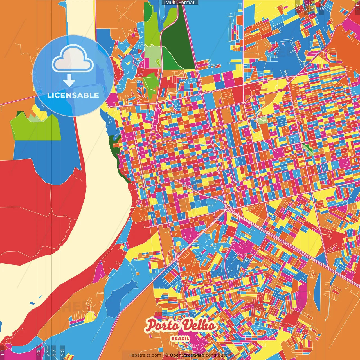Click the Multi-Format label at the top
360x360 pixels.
(x=180, y=3)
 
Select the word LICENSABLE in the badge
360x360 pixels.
(x=73, y=95)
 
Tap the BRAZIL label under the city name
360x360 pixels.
(x=180, y=338)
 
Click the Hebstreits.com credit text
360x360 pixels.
(x=145, y=355)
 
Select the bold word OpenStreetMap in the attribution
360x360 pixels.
(x=187, y=355)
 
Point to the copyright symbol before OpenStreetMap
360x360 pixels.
(x=166, y=355)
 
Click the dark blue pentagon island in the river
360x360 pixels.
(x=32, y=303)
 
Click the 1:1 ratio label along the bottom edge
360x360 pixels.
(x=2, y=352)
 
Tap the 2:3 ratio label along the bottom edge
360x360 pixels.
(x=62, y=352)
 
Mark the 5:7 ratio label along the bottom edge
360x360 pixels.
(x=54, y=352)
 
